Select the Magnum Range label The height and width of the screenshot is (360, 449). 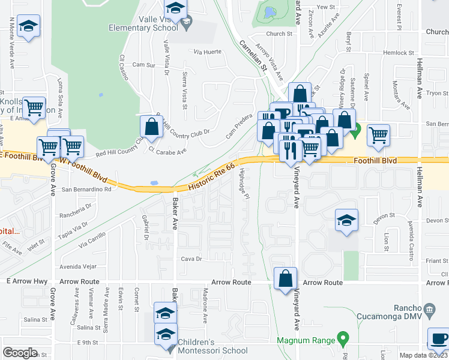click(x=306, y=340)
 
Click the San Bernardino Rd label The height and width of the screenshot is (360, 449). click(x=87, y=190)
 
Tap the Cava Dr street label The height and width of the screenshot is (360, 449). click(x=190, y=259)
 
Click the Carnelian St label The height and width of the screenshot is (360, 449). click(x=253, y=56)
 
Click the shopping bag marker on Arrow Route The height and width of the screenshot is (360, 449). click(x=285, y=278)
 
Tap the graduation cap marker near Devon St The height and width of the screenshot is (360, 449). click(x=346, y=220)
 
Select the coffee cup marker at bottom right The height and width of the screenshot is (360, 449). click(x=438, y=338)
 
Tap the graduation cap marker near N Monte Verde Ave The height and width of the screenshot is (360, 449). click(x=28, y=26)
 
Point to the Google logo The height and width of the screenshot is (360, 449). click(x=20, y=353)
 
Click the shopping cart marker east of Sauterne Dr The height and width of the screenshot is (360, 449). click(x=378, y=135)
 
